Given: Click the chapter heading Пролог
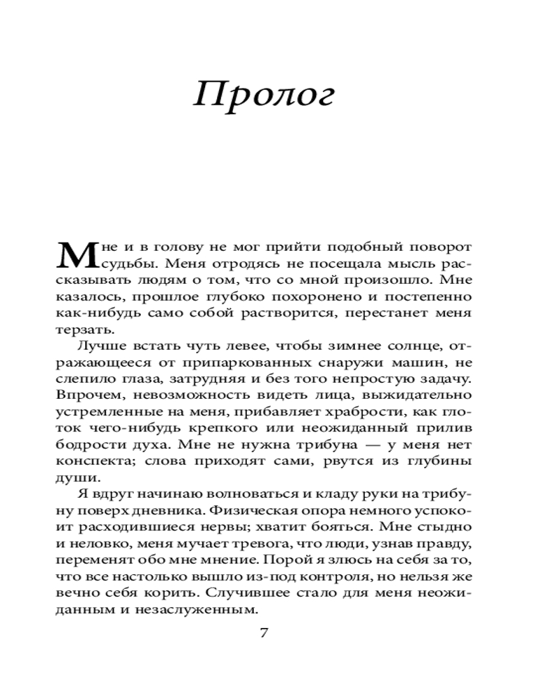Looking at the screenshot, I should [264, 94].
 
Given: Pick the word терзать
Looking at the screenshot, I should [83, 330].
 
